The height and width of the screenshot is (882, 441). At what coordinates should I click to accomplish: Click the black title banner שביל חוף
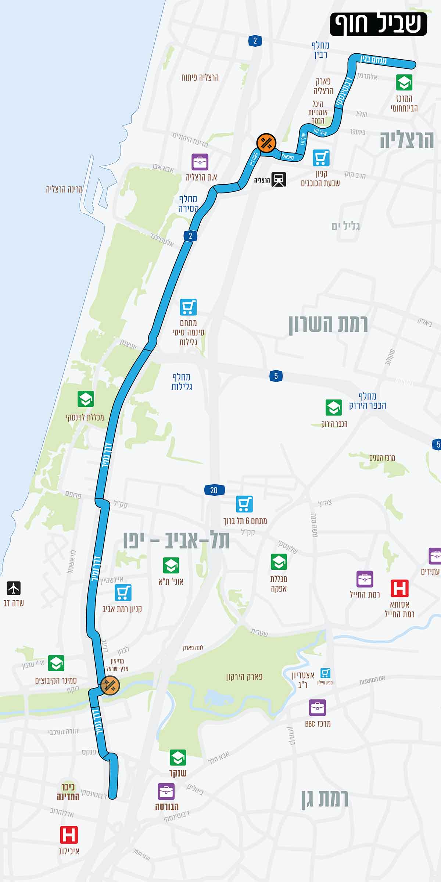pyautogui.click(x=378, y=24)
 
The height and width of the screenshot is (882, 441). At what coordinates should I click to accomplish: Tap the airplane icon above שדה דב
pyautogui.click(x=14, y=588)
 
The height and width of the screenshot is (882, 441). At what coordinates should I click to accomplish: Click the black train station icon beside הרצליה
pyautogui.click(x=279, y=179)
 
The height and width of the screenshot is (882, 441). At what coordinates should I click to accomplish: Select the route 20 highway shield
pyautogui.click(x=214, y=490)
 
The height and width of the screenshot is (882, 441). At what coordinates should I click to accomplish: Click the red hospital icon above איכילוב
pyautogui.click(x=69, y=835)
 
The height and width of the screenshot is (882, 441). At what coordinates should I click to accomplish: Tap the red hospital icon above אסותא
pyautogui.click(x=399, y=588)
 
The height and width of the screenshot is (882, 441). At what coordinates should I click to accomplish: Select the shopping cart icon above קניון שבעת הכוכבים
pyautogui.click(x=321, y=158)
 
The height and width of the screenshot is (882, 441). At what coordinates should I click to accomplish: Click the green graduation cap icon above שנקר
pyautogui.click(x=178, y=757)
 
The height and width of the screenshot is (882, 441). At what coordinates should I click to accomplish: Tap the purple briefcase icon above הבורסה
pyautogui.click(x=166, y=792)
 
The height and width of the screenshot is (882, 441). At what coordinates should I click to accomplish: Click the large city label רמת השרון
pyautogui.click(x=328, y=324)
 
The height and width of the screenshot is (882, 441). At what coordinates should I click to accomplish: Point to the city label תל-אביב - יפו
pyautogui.click(x=176, y=540)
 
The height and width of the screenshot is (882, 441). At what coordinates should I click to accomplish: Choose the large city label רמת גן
pyautogui.click(x=325, y=799)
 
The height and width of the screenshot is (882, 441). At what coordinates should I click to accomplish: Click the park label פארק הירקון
pyautogui.click(x=244, y=676)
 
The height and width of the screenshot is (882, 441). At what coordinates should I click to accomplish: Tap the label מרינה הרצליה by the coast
pyautogui.click(x=64, y=189)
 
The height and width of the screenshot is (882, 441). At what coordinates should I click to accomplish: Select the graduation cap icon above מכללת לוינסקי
pyautogui.click(x=86, y=399)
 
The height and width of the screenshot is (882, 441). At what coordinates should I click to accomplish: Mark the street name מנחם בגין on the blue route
pyautogui.click(x=373, y=59)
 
